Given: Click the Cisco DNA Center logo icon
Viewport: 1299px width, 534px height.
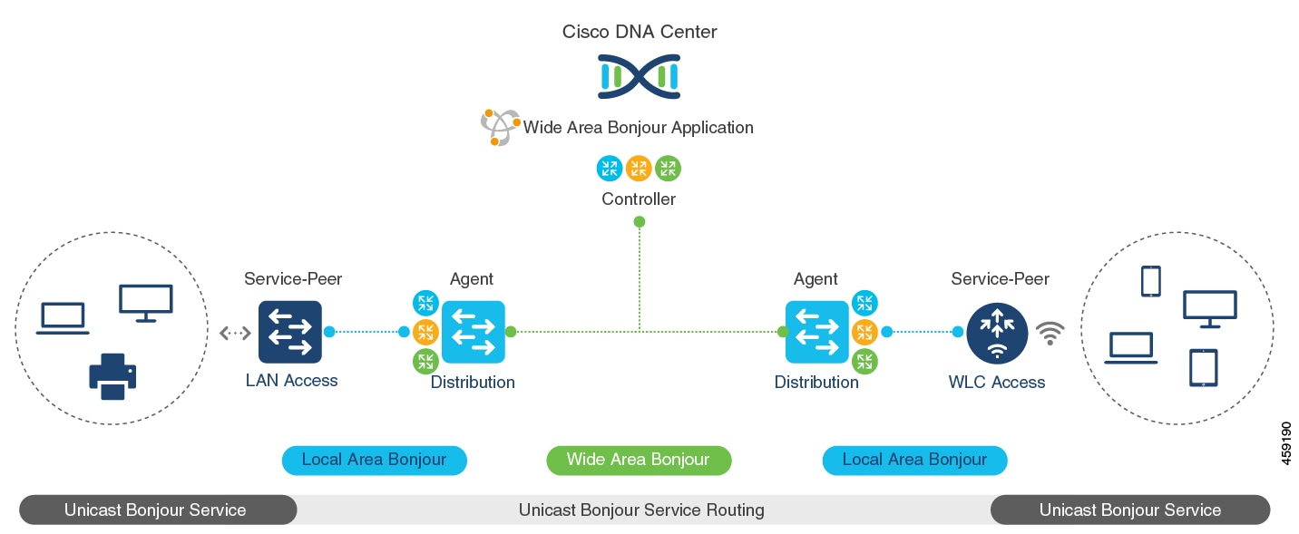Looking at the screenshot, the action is coord(639,76).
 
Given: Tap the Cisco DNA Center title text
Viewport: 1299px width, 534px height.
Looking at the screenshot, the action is coord(639,32).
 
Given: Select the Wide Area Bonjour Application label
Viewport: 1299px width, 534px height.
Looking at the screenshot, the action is coord(638,128).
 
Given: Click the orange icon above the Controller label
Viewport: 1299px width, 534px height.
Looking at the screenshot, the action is coord(639,169).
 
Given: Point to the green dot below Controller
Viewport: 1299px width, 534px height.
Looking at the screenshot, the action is coord(639,221).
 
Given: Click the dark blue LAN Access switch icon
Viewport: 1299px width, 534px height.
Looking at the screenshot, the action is coord(290,332).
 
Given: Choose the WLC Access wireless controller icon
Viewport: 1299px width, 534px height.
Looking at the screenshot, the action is coord(997,333).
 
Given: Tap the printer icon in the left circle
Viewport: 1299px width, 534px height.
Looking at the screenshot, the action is coord(112,376).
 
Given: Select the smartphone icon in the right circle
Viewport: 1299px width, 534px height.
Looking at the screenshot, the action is coord(1150,281).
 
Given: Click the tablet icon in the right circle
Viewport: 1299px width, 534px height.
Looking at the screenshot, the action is coord(1204,367).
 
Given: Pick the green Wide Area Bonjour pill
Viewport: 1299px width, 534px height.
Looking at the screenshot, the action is coord(639,461).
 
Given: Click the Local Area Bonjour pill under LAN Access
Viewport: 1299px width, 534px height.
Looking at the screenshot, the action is coord(374,461).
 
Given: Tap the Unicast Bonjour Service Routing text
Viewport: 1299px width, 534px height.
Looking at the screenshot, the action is coord(641,510).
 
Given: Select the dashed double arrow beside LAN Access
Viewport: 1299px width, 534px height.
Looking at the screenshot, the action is coord(235,333).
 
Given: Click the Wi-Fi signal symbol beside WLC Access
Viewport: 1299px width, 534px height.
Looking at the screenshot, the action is coord(1050,334).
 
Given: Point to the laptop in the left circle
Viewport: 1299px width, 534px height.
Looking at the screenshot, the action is coord(63,318).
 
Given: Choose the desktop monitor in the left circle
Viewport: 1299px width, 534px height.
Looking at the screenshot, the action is coord(145,303).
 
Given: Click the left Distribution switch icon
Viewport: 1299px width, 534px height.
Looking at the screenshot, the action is coord(474,332).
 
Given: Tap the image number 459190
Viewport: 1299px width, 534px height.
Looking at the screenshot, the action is coord(1285,443).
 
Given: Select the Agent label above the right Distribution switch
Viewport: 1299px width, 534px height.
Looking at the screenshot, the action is coord(816,279).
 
